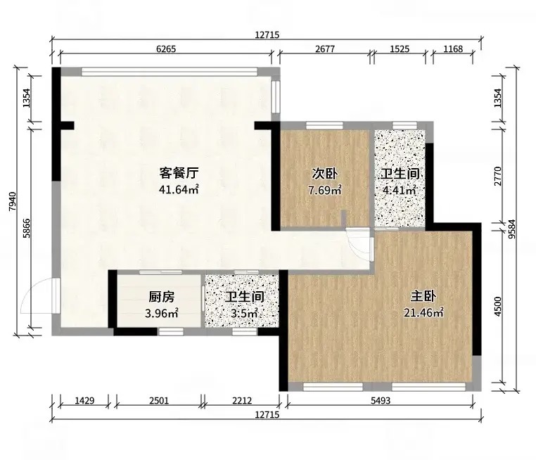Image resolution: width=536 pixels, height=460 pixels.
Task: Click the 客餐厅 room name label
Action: click(179, 173)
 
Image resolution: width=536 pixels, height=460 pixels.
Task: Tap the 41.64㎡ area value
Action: click(179, 189)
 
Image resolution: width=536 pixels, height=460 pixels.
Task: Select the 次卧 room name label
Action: click(324, 174)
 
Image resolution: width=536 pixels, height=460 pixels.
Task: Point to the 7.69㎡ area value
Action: click(325, 190)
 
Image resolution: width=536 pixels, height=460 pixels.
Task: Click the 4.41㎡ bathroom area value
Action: click(400, 190)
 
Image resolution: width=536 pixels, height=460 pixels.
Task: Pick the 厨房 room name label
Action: click(161, 297)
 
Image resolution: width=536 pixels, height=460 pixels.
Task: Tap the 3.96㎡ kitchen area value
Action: click(161, 313)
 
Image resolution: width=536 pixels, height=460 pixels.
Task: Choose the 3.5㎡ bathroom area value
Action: click(244, 313)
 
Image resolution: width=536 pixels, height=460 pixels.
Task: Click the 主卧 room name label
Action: click(423, 296)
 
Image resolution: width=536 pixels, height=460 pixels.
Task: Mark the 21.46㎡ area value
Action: click(423, 312)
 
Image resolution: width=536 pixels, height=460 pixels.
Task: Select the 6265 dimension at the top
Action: click(166, 49)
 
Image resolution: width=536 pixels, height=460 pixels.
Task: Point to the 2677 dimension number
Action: click(325, 49)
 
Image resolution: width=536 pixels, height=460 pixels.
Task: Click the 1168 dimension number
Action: click(453, 49)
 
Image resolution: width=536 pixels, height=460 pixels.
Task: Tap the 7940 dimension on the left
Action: click(12, 201)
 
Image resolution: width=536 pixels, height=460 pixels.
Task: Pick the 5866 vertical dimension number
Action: click(27, 228)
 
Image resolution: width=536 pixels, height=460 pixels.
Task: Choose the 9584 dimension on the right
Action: click(511, 229)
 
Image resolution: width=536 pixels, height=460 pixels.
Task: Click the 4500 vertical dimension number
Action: click(498, 307)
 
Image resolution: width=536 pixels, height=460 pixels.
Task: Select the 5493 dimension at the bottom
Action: click(381, 400)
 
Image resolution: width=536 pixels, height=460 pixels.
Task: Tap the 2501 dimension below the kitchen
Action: click(159, 400)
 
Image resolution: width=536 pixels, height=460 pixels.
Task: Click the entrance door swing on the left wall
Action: click(40, 296)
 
